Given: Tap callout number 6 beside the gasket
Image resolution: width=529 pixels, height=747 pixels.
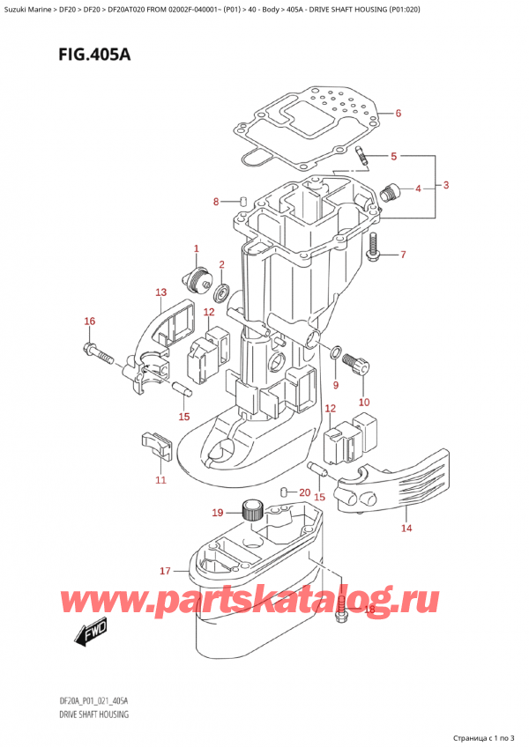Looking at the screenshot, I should [x=398, y=114].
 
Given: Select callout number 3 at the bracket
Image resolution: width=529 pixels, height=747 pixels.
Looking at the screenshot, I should [x=447, y=185].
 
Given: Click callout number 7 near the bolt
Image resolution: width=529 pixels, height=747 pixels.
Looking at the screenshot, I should [x=403, y=255].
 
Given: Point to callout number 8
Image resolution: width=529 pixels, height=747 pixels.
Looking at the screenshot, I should [x=216, y=203].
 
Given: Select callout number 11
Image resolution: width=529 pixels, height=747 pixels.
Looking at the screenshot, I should [x=160, y=479].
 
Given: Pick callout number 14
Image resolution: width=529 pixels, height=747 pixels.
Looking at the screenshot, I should [x=406, y=529].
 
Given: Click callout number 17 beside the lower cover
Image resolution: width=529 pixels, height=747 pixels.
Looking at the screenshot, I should [x=164, y=572].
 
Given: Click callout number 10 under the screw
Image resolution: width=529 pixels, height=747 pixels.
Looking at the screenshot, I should [x=363, y=403].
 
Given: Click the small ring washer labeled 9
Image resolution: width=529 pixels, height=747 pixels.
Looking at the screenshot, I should [x=336, y=354].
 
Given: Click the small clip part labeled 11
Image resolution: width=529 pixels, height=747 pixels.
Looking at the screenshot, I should [x=154, y=444].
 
